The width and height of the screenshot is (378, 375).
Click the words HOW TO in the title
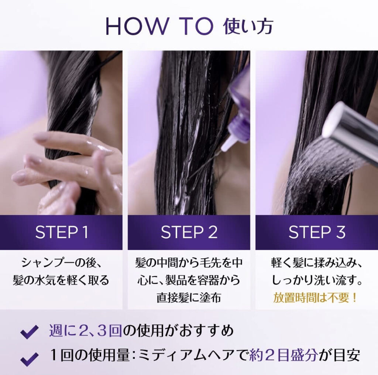pyautogui.click(x=159, y=26)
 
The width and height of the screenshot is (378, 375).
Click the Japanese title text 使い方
pyautogui.click(x=248, y=26)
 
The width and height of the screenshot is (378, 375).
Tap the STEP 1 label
pyautogui.click(x=62, y=232)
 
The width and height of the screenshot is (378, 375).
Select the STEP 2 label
pyautogui.click(x=189, y=232)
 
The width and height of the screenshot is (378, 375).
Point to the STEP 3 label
pyautogui.click(x=317, y=232)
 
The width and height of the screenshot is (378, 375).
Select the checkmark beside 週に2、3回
pyautogui.click(x=30, y=331)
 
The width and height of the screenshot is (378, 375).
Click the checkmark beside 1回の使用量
pyautogui.click(x=30, y=358)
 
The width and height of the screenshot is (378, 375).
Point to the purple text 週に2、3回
pyautogui.click(x=86, y=330)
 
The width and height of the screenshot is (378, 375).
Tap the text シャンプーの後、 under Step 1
pyautogui.click(x=62, y=263)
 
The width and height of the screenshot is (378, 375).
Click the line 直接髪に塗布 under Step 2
pyautogui.click(x=189, y=297)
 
